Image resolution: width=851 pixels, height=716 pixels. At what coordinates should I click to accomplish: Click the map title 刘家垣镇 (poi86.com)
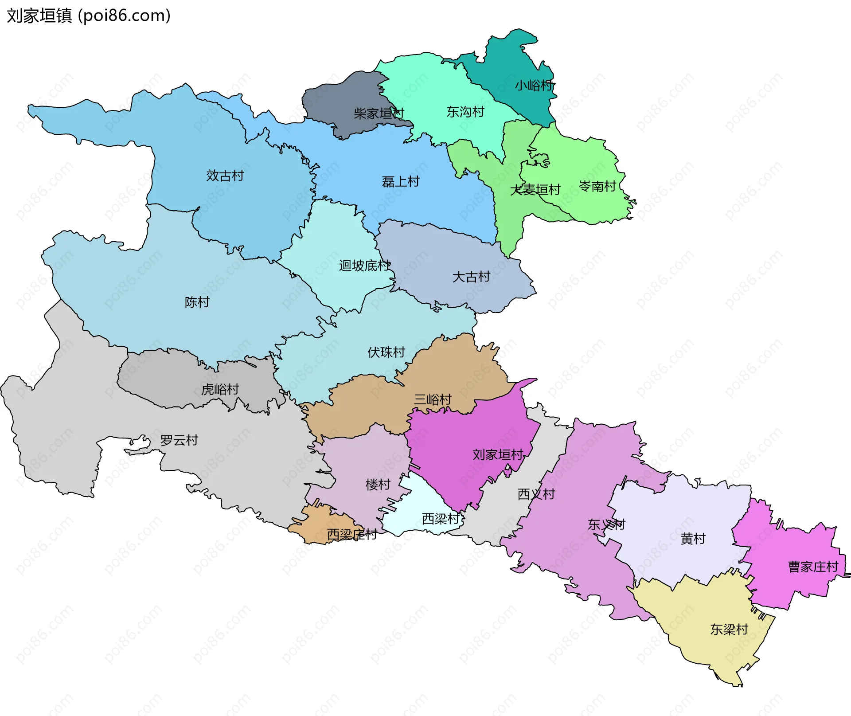click(89, 16)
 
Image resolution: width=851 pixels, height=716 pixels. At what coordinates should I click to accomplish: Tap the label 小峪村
click(534, 85)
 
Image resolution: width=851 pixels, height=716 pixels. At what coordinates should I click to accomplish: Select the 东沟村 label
click(465, 112)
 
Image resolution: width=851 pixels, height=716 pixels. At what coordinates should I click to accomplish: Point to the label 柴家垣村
click(379, 113)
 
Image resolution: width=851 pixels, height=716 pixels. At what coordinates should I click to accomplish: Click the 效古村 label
click(225, 176)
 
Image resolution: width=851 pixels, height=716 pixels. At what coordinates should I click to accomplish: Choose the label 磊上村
click(400, 181)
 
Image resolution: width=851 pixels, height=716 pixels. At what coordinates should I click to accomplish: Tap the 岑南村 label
click(597, 186)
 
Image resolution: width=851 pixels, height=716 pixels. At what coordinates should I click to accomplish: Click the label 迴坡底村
click(364, 266)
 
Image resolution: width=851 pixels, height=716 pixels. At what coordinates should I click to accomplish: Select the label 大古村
click(471, 277)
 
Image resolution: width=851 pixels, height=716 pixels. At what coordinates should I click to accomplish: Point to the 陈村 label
click(197, 302)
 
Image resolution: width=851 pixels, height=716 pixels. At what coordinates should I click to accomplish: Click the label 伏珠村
click(386, 352)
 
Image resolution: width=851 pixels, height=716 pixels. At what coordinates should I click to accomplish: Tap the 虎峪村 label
click(220, 389)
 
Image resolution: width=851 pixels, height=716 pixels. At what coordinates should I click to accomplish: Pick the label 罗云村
click(179, 440)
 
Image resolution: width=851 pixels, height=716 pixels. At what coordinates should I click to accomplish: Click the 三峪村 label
click(432, 399)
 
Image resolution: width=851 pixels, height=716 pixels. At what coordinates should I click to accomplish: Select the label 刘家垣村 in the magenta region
click(498, 454)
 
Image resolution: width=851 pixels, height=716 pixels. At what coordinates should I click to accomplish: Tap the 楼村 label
click(378, 484)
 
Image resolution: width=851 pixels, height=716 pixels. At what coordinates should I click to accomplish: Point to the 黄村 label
click(693, 539)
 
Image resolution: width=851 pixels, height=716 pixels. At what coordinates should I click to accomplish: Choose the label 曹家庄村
click(813, 567)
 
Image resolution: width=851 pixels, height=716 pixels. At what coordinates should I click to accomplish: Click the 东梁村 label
click(729, 629)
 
